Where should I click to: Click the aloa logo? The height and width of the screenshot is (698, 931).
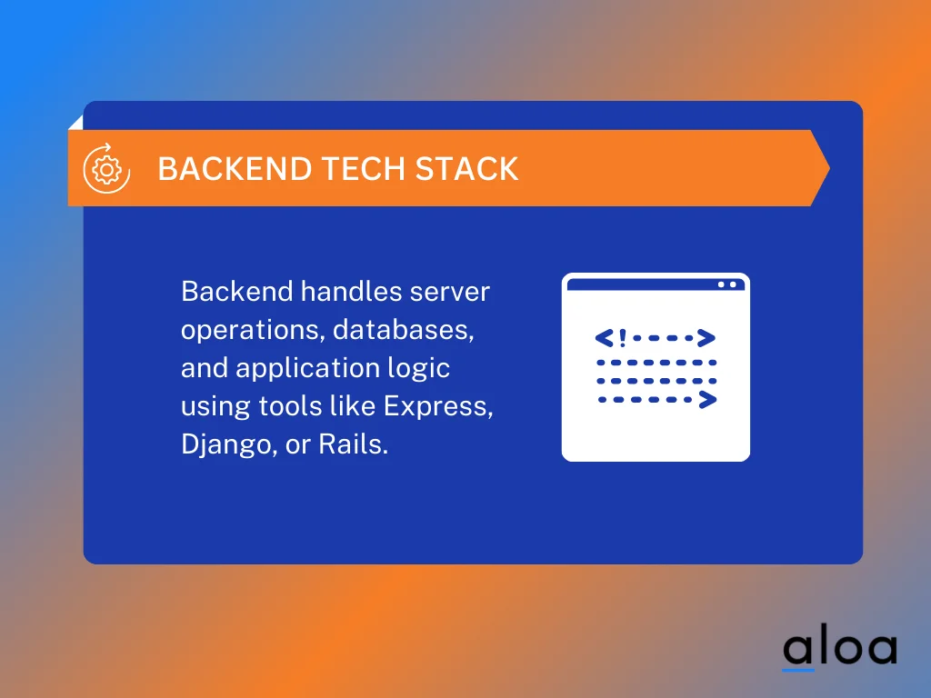pyautogui.click(x=840, y=649)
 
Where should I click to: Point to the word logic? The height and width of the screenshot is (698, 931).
pyautogui.click(x=420, y=368)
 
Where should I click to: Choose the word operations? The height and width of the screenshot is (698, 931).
pyautogui.click(x=251, y=330)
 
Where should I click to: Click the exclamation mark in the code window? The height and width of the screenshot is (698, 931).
pyautogui.click(x=622, y=339)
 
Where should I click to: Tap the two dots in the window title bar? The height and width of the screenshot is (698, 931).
pyautogui.click(x=726, y=284)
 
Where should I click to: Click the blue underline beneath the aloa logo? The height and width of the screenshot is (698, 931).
pyautogui.click(x=798, y=671)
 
